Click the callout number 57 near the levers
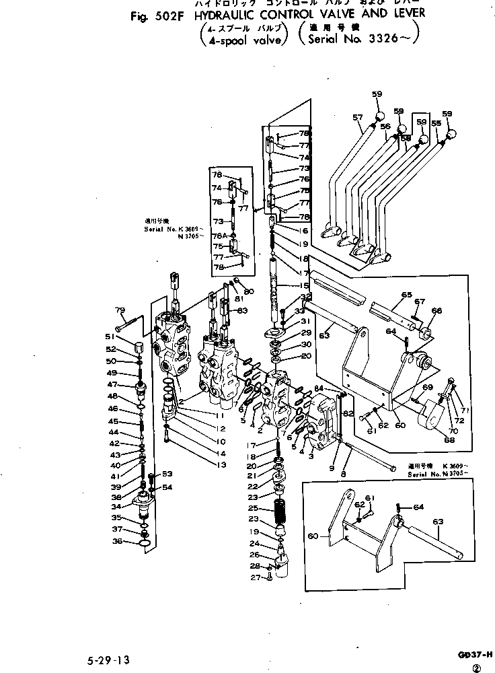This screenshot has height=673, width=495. [x=358, y=118]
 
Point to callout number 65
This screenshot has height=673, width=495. [x=406, y=295]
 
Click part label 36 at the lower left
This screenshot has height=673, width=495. [x=118, y=540]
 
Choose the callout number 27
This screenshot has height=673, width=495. [x=256, y=577]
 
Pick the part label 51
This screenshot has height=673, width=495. [x=109, y=338]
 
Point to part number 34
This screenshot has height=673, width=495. [x=117, y=506]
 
